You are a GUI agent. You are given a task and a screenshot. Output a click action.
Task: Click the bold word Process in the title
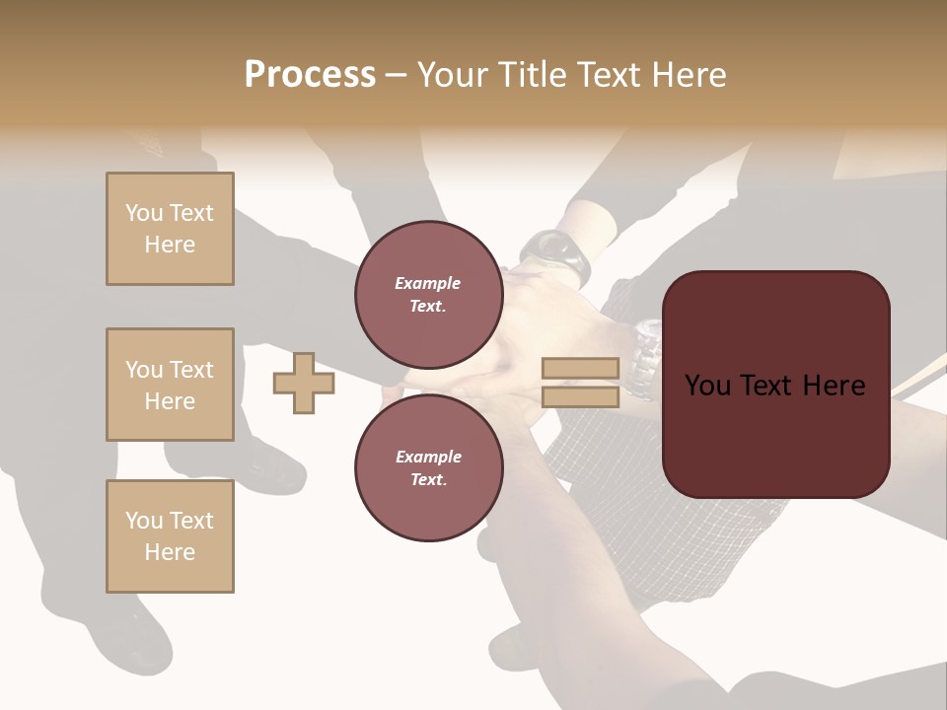[310, 75]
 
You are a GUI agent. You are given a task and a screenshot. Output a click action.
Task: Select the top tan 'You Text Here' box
[170, 229]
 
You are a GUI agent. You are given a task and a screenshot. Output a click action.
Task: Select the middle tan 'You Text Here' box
[170, 385]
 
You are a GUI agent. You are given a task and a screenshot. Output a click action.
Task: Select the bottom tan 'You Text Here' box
[170, 536]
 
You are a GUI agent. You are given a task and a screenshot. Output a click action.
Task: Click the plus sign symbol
[304, 383]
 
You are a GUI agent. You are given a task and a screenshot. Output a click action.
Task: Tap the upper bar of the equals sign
[580, 369]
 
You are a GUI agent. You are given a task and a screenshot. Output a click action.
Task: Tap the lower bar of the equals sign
[580, 396]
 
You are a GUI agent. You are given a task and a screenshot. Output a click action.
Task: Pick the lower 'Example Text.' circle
[428, 467]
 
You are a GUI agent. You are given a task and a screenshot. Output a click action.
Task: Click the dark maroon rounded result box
[775, 385]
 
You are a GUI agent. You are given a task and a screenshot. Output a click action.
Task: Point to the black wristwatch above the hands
[558, 254]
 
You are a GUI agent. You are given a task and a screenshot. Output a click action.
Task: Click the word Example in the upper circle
[428, 283]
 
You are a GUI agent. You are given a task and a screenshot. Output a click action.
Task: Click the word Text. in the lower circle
[428, 479]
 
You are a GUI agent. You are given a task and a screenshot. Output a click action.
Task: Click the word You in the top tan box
[143, 213]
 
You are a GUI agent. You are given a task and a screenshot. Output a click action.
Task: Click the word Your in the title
[453, 75]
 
